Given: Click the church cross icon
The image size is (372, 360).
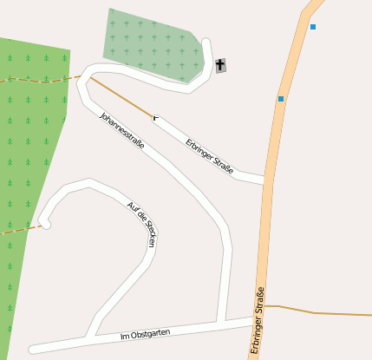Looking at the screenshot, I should [x=220, y=65].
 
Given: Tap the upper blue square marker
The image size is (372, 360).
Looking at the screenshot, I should [x=313, y=27].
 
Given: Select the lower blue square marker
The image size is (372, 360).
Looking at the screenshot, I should [x=281, y=99].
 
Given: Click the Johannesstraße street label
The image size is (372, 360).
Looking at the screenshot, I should [x=121, y=131].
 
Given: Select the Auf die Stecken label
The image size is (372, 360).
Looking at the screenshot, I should [x=140, y=224].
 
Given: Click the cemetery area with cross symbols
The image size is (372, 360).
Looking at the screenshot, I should [x=151, y=43].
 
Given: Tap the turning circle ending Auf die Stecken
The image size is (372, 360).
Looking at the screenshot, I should [x=45, y=224].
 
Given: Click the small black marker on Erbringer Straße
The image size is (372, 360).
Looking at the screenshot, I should [x=155, y=116].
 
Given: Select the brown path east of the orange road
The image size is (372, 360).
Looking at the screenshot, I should [x=321, y=311].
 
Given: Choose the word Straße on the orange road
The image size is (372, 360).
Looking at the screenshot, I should [x=258, y=300].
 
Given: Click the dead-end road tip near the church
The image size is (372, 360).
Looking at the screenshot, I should [x=206, y=42].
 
